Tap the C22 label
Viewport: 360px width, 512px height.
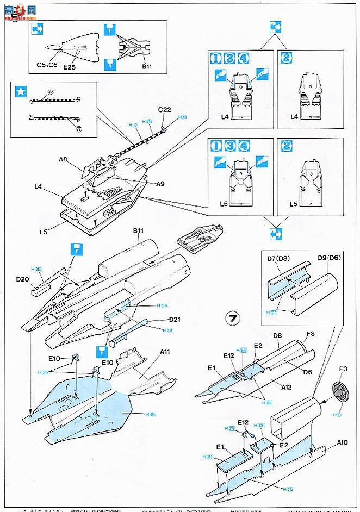click(165, 110)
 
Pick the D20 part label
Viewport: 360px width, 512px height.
click(22, 279)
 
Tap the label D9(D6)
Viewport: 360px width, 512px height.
click(331, 255)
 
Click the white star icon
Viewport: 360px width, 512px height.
click(20, 92)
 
